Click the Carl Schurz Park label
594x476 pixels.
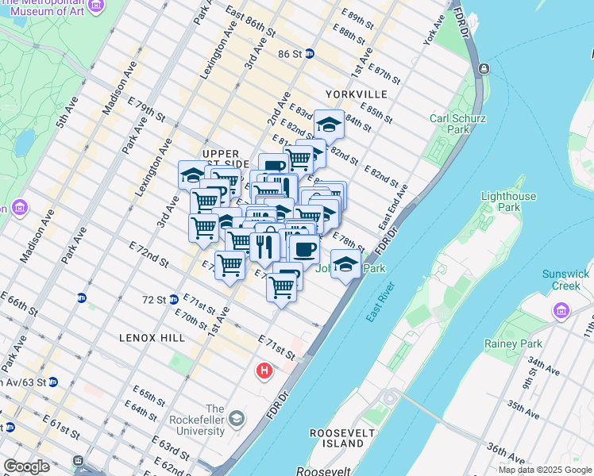coord(450,124)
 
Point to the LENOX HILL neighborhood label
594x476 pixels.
coord(152,338)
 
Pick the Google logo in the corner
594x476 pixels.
coord(26,466)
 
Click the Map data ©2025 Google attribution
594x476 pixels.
coord(544,470)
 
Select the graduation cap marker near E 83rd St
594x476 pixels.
coord(329,124)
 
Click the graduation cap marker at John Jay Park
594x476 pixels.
coord(345,264)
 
